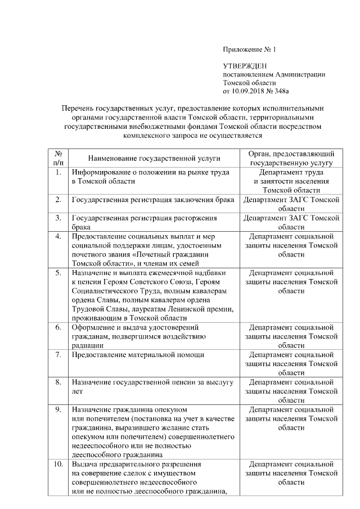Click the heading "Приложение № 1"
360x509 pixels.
249,50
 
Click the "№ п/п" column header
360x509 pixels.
58,158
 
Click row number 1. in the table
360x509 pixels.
58,172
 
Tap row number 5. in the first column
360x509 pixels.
58,273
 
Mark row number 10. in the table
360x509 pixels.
58,465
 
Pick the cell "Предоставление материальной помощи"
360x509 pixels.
137,355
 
